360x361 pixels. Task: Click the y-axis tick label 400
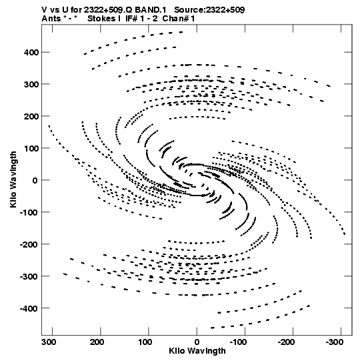[x=31, y=53]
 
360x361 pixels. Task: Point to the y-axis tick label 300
[x=31, y=85]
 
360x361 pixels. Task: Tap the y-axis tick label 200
[x=31, y=116]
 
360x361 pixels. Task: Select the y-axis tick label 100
[x=31, y=148]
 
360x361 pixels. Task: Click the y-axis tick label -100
[x=29, y=212]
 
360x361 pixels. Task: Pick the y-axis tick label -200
[x=29, y=244]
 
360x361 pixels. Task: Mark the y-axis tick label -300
[x=29, y=276]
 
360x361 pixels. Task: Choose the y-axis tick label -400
[x=29, y=308]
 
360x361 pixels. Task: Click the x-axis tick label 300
[x=49, y=342]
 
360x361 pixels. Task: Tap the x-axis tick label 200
[x=97, y=342]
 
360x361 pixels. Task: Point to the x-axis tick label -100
[x=238, y=342]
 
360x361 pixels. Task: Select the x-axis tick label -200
[x=287, y=342]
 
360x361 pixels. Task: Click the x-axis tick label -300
[x=335, y=342]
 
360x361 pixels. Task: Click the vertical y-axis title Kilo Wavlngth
[x=13, y=179]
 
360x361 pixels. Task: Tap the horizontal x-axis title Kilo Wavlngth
[x=197, y=352]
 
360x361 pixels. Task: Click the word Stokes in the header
[x=101, y=19]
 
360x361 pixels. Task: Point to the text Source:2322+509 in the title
[x=209, y=10]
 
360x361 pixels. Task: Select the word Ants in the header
[x=51, y=19]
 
